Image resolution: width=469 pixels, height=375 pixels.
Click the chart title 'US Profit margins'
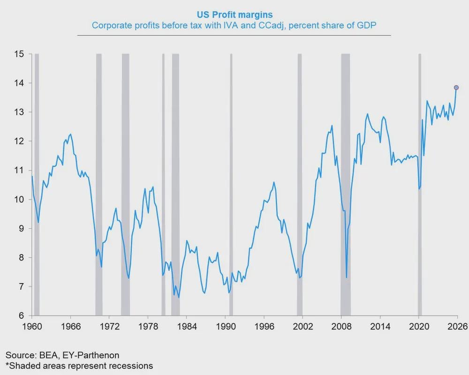[x=241, y=15]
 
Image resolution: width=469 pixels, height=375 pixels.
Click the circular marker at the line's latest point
[x=456, y=88]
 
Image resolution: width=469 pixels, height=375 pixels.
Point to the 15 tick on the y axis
[x=20, y=54]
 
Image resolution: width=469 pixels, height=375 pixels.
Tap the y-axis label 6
[x=22, y=315]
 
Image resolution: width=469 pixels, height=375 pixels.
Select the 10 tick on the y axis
[x=20, y=199]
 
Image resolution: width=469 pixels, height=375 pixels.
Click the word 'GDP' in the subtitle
[x=368, y=25]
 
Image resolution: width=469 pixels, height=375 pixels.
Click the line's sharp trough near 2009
[x=347, y=277]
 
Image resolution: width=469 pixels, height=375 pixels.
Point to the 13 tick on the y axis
[x=20, y=112]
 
